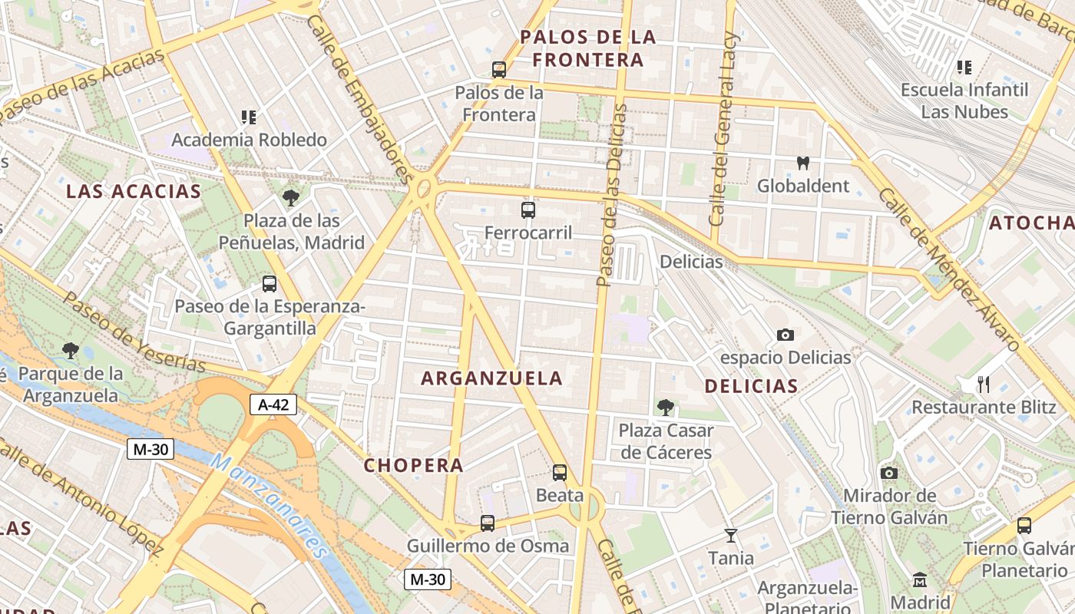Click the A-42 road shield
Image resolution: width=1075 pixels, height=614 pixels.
[273, 404]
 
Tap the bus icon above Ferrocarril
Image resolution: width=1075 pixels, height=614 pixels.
[528, 210]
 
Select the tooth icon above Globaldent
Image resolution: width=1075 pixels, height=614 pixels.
[803, 163]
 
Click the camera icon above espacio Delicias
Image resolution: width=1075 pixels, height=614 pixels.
[785, 335]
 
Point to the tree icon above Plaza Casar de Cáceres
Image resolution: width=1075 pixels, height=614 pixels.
[666, 408]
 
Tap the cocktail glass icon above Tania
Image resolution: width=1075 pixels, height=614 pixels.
[730, 535]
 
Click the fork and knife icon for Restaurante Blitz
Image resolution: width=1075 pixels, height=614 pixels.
[983, 384]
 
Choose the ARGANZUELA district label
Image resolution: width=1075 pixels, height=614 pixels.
[492, 378]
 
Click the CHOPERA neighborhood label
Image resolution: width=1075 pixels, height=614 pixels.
[413, 465]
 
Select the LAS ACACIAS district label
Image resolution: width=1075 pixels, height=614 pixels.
[134, 191]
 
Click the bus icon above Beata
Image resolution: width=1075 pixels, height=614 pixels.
[560, 473]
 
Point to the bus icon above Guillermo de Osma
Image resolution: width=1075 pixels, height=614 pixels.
[488, 523]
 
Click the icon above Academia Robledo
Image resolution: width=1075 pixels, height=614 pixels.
[249, 117]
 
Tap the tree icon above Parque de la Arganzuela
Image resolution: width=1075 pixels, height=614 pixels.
[71, 351]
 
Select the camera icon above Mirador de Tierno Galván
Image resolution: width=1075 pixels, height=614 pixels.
[889, 473]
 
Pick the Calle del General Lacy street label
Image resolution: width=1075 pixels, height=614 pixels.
[723, 128]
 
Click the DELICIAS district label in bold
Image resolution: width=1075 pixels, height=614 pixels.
[751, 386]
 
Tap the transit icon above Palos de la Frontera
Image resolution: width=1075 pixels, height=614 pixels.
[499, 70]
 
